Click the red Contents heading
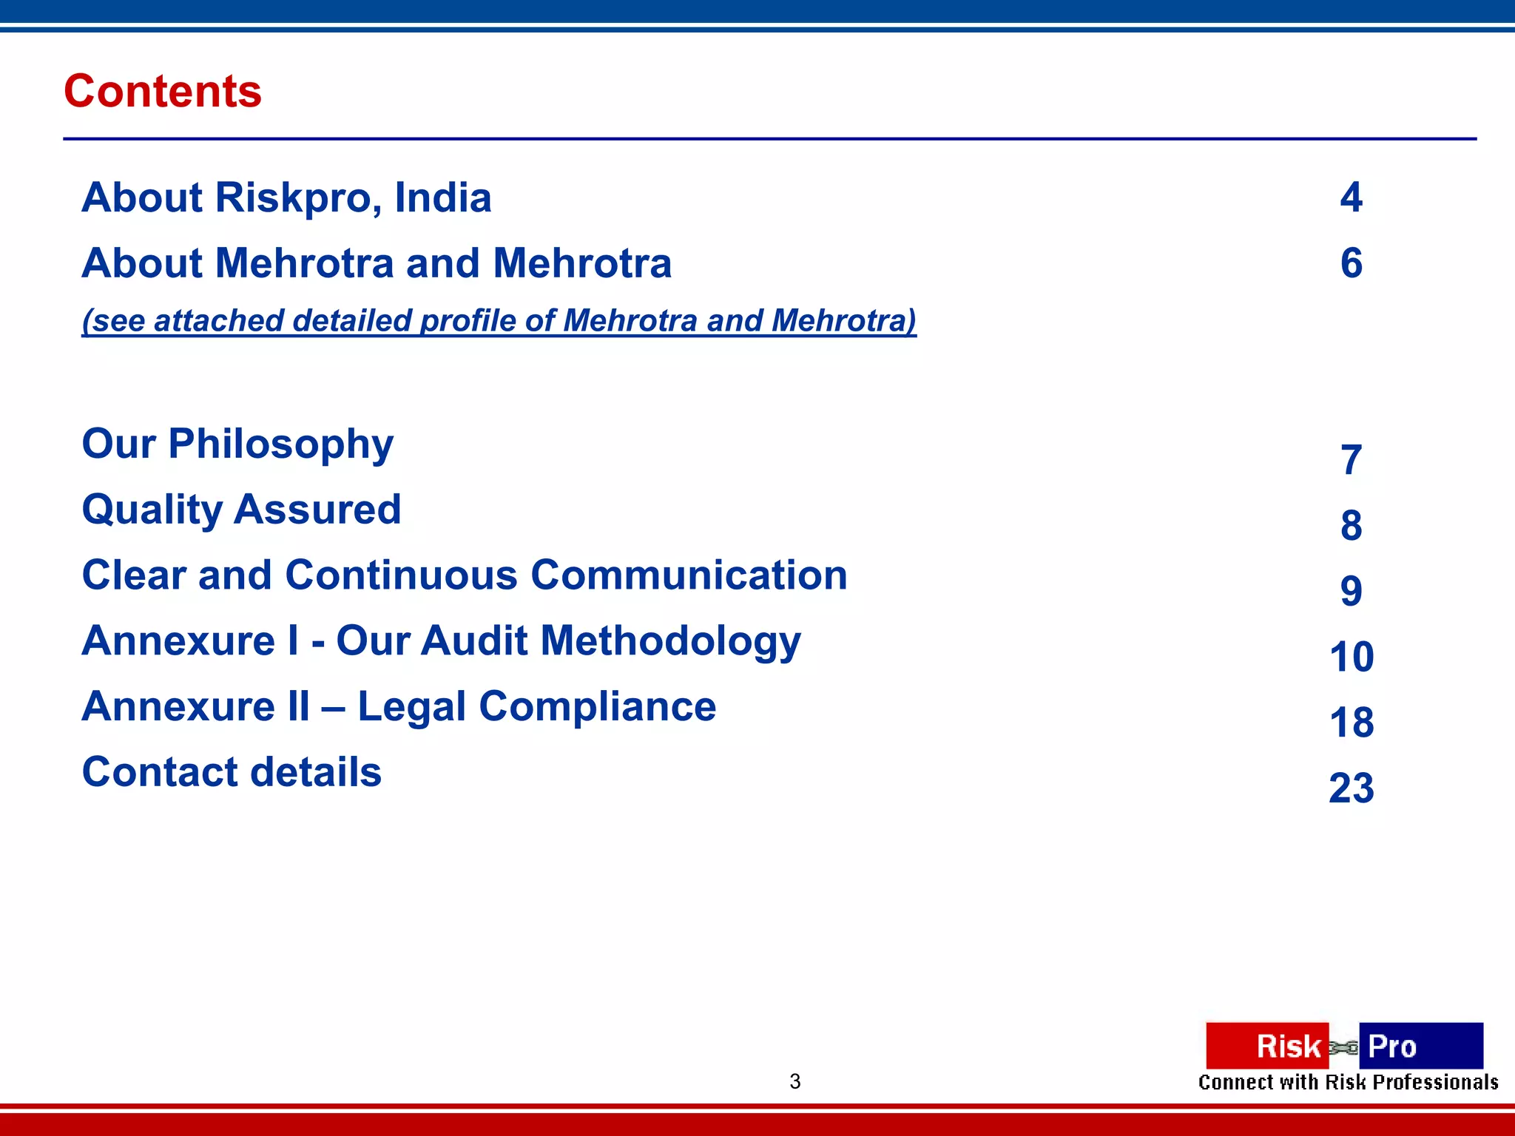tap(163, 91)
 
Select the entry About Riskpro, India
tap(286, 197)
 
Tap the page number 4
tap(1351, 197)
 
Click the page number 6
tap(1351, 263)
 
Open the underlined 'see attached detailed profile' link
tap(499, 321)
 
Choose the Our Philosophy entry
tap(237, 444)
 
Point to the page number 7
tap(1351, 460)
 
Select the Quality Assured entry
tap(241, 510)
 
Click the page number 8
tap(1351, 526)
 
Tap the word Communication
tap(689, 575)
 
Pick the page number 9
tap(1351, 591)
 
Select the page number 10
tap(1351, 657)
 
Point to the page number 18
tap(1351, 723)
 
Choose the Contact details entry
tap(232, 772)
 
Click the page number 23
tap(1351, 788)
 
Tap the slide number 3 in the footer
tap(795, 1081)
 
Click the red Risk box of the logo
tap(1266, 1046)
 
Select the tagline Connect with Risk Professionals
tap(1348, 1083)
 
